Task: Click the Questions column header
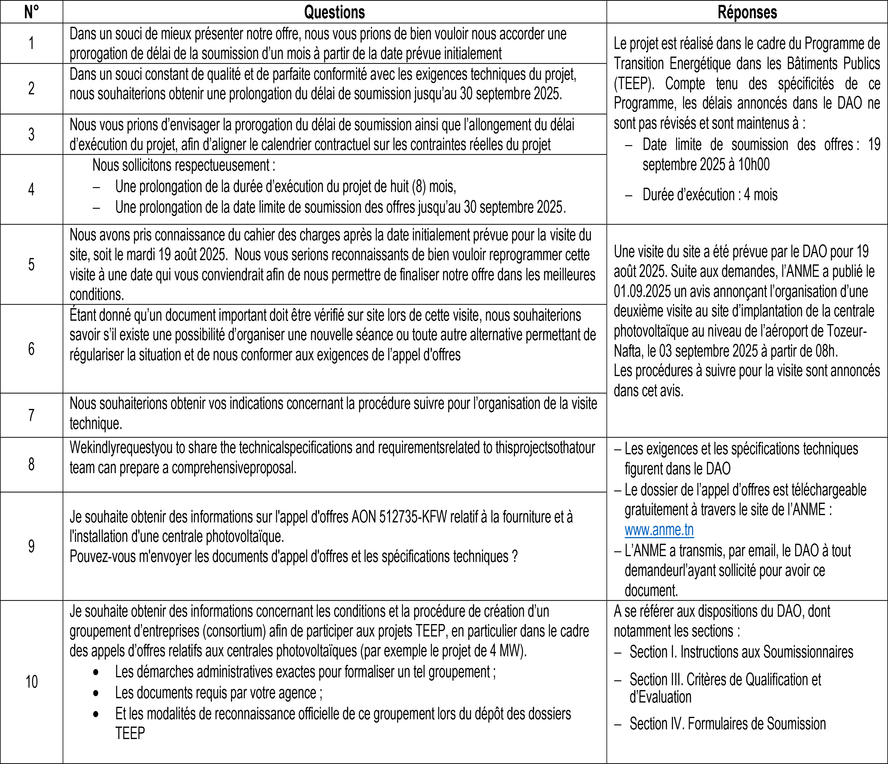pos(334,12)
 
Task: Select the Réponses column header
pos(747,12)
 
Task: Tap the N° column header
pos(31,12)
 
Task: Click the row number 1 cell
pos(31,43)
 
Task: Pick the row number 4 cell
pos(31,189)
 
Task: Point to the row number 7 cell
pos(31,415)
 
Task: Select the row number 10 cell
pos(31,682)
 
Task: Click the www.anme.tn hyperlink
pos(659,530)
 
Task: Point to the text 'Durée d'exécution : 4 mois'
pos(709,195)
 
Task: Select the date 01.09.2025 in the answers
pos(642,291)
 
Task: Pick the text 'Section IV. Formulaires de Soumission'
pos(727,724)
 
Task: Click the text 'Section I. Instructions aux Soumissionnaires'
pos(741,652)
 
